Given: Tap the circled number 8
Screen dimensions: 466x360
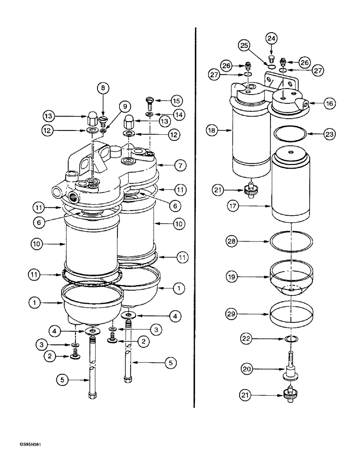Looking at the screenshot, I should click(x=104, y=87).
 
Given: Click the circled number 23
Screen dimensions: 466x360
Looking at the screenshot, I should click(x=329, y=134).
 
